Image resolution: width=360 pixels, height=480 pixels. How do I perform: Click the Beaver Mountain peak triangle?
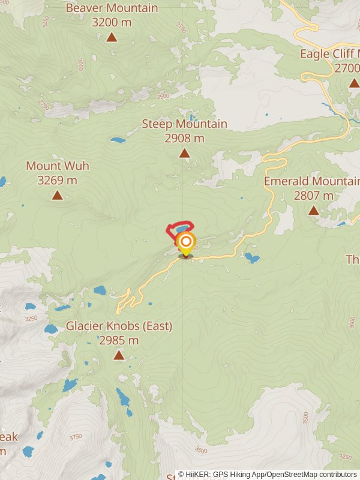[x=112, y=37]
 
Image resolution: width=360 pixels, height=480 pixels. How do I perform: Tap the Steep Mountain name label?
[x=184, y=124]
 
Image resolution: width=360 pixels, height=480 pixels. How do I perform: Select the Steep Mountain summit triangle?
[x=184, y=153]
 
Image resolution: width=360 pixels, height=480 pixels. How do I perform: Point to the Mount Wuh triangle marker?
[x=57, y=195]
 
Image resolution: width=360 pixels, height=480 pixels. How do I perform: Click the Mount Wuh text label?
[x=57, y=166]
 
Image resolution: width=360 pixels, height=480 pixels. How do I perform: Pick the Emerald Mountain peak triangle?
[x=313, y=210]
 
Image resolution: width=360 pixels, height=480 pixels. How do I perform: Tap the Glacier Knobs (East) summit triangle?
[x=119, y=355]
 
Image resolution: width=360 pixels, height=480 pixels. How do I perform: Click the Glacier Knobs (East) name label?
[x=119, y=326]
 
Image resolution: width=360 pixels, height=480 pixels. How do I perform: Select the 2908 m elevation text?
[x=184, y=139]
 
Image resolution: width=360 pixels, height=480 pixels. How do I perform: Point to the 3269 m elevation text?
[x=57, y=180]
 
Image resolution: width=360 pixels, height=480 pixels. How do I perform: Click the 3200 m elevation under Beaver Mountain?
[x=112, y=23]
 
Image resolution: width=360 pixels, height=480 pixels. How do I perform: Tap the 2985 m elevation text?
[x=119, y=341]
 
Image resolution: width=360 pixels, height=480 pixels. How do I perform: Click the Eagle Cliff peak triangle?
[x=354, y=82]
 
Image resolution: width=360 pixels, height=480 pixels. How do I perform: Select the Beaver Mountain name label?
[x=112, y=8]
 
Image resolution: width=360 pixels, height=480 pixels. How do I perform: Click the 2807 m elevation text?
[x=313, y=196]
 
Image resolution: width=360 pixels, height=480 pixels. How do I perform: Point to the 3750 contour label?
[x=76, y=437]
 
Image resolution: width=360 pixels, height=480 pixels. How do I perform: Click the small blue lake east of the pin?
[x=252, y=259]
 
